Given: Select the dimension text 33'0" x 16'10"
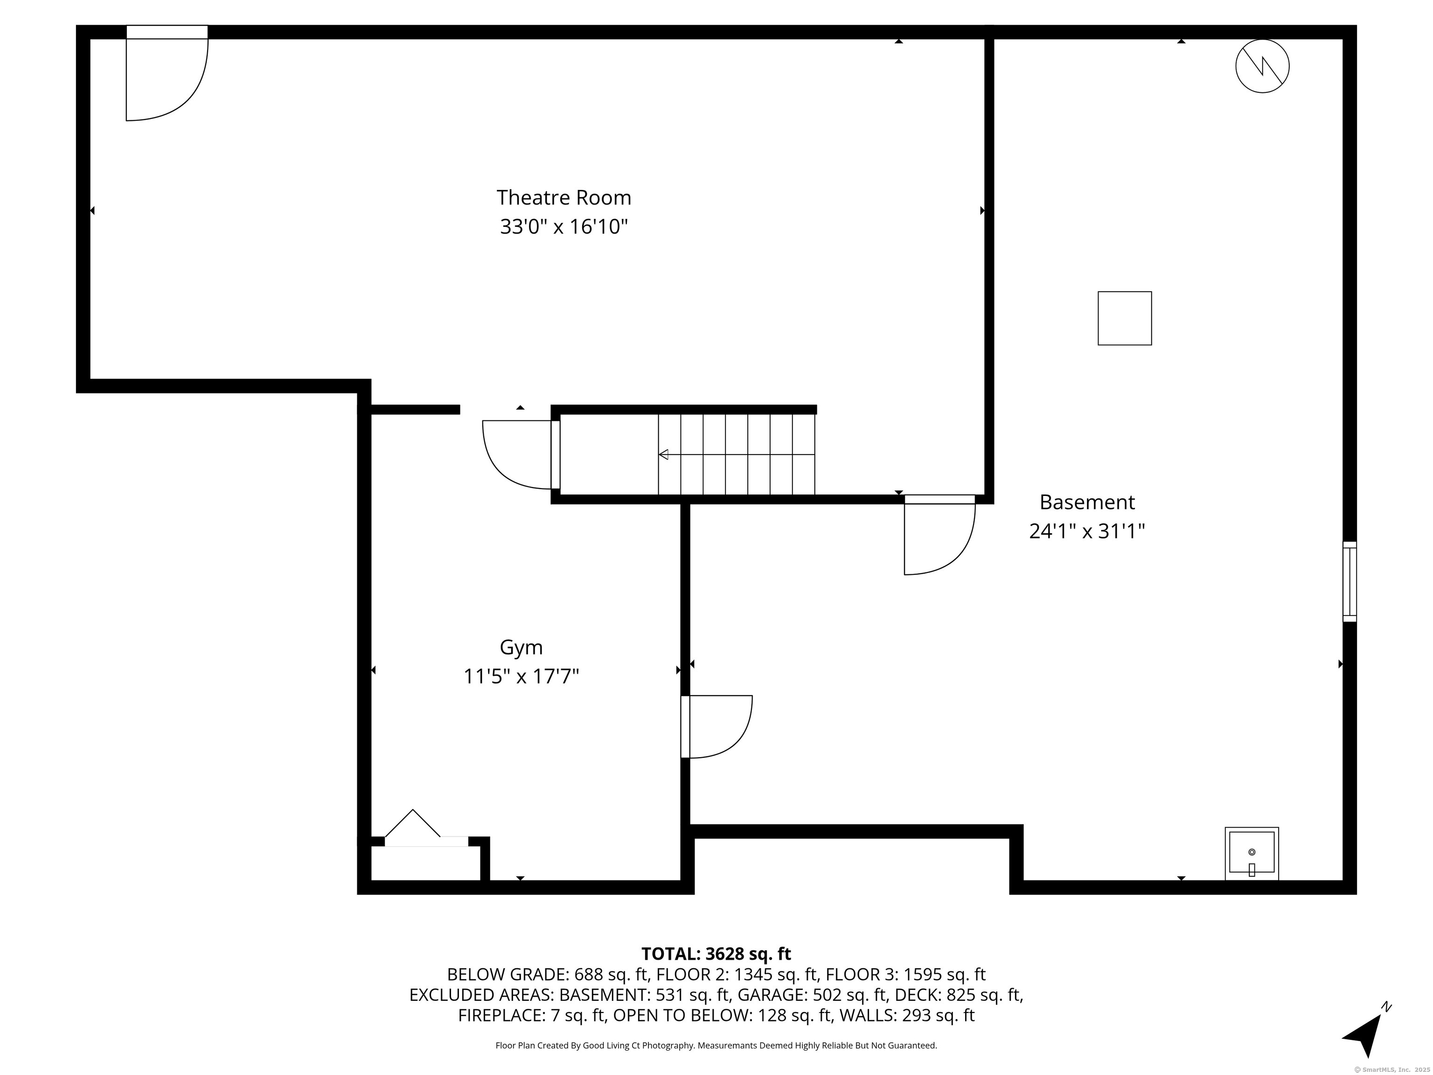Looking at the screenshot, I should pos(563,227).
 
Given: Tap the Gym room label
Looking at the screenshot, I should pos(521,647).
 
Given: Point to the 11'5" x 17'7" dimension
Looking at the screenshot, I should pos(521,677).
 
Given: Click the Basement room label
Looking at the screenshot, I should pos(1087,502).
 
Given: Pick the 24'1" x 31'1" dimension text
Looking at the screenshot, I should pos(1087,531).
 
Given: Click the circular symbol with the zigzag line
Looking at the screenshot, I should pos(1262,66).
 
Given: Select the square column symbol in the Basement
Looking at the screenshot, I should pos(1125,318).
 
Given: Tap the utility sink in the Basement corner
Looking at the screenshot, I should pos(1251,853).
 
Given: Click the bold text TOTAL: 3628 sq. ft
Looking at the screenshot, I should pos(716,954).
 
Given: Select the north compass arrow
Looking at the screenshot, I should pos(1367,1032).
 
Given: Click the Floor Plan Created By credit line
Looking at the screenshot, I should pos(716,1045).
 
